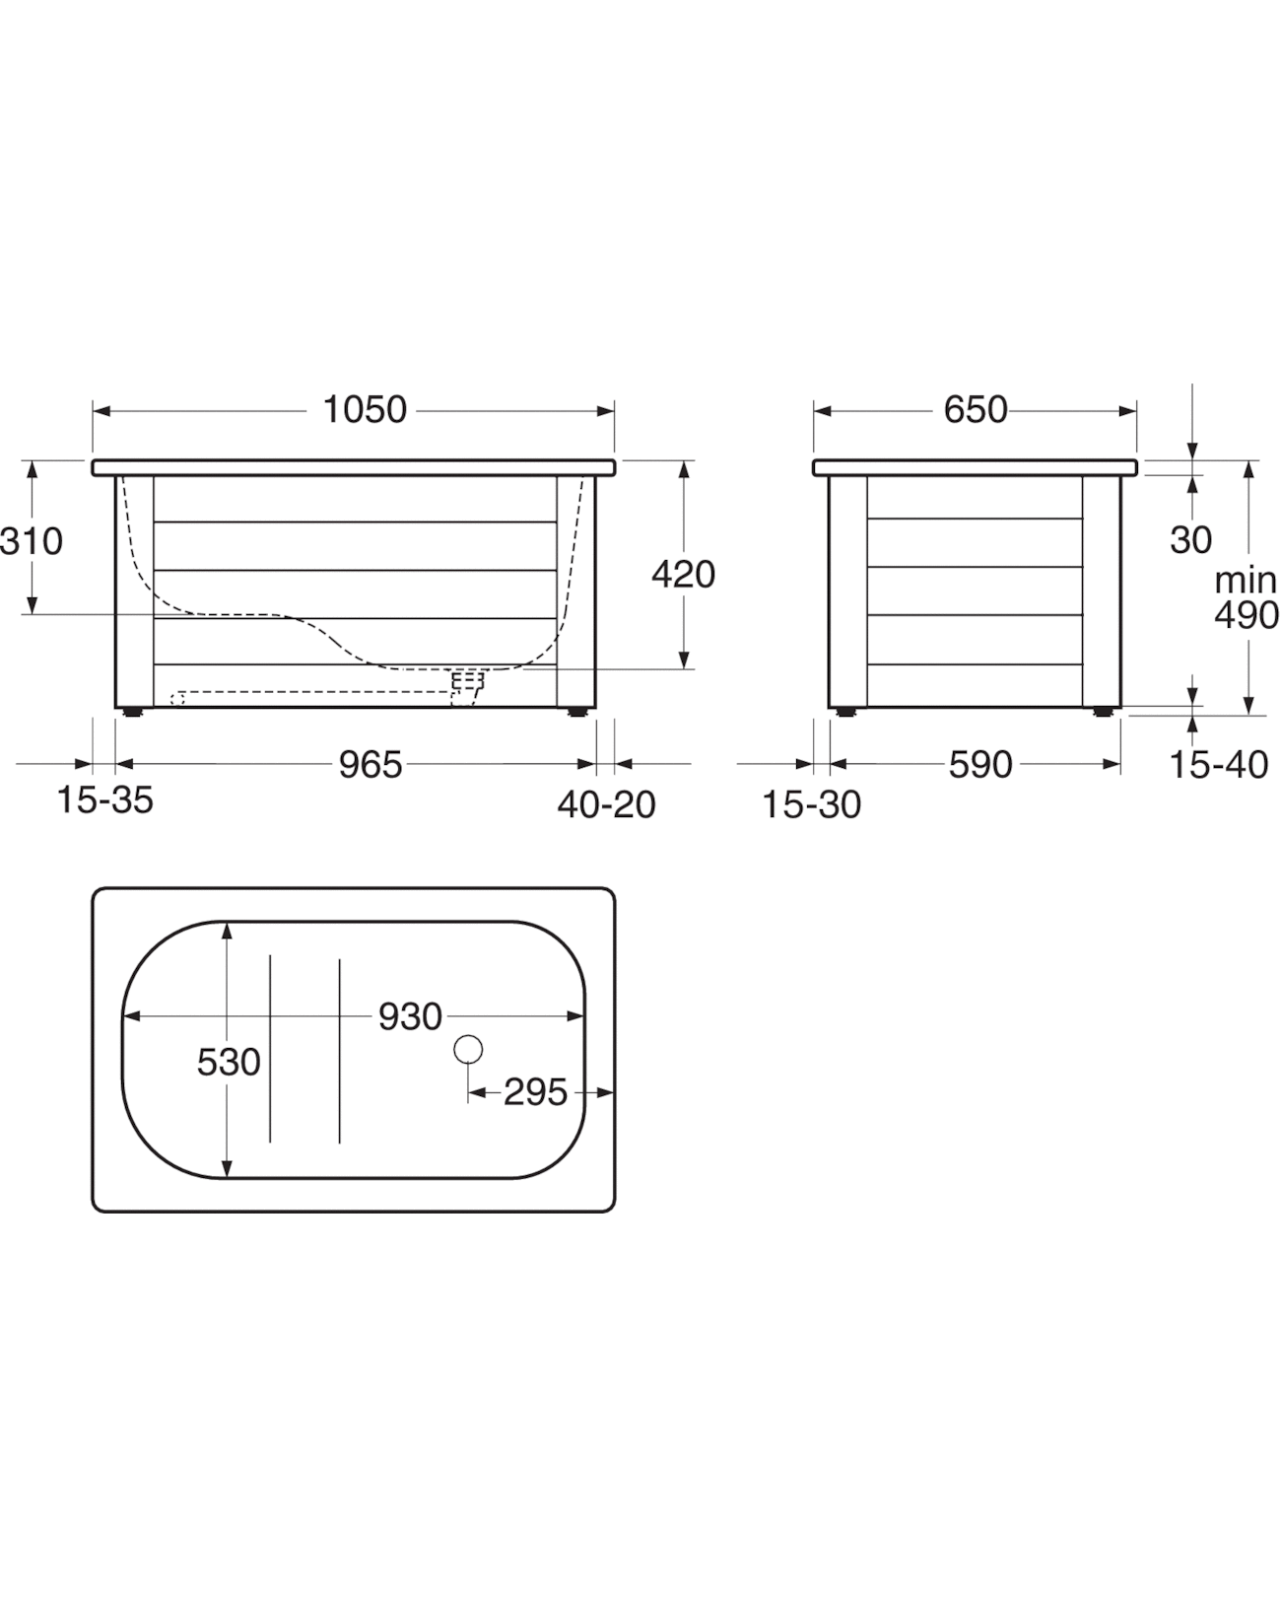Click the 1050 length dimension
click(365, 410)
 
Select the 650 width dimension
click(976, 410)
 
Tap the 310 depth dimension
click(32, 541)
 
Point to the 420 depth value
click(683, 575)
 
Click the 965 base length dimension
click(371, 764)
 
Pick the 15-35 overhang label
click(104, 800)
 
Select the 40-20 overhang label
click(607, 804)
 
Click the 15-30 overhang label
click(812, 804)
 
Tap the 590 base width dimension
click(980, 764)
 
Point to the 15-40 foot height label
click(1219, 764)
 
